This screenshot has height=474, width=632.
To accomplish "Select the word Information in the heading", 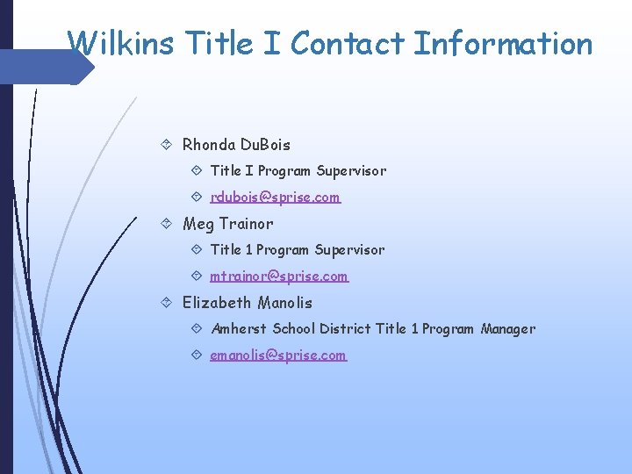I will coord(503,43).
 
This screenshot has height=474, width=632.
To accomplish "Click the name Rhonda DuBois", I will coord(236,145).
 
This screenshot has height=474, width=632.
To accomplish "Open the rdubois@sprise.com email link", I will coord(275,197).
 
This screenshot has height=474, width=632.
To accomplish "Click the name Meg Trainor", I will coord(227,224).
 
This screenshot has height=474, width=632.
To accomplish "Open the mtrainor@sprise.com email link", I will coord(279,276).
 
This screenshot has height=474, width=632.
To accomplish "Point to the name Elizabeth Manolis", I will coord(247,303).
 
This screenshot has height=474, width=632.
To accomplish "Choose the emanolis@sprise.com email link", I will coord(278,355).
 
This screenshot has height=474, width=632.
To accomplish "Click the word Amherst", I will coord(239,329).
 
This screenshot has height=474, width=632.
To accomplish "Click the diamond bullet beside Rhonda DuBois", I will coord(169,145).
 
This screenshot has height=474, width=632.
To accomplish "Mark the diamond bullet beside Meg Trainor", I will coord(169,224).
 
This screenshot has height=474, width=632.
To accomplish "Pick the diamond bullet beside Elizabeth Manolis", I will coord(169,303).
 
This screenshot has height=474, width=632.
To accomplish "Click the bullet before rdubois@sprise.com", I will coord(197,197).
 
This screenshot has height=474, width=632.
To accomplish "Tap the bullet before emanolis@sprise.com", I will coord(197,355).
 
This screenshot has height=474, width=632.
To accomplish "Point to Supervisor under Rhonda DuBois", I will coord(351,171).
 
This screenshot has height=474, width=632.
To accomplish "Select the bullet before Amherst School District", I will coord(197,329).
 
